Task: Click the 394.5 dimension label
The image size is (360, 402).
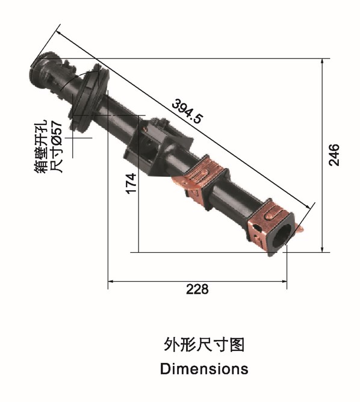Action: coord(187,111)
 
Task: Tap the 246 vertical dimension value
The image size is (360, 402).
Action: coord(334,155)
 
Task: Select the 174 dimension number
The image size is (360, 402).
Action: coord(131,184)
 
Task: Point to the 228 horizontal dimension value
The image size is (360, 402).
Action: coord(197,289)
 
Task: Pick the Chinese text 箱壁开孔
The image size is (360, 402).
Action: coord(41,146)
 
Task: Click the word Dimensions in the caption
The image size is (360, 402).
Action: coord(204,369)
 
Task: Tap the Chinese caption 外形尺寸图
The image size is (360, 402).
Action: coord(204,345)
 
